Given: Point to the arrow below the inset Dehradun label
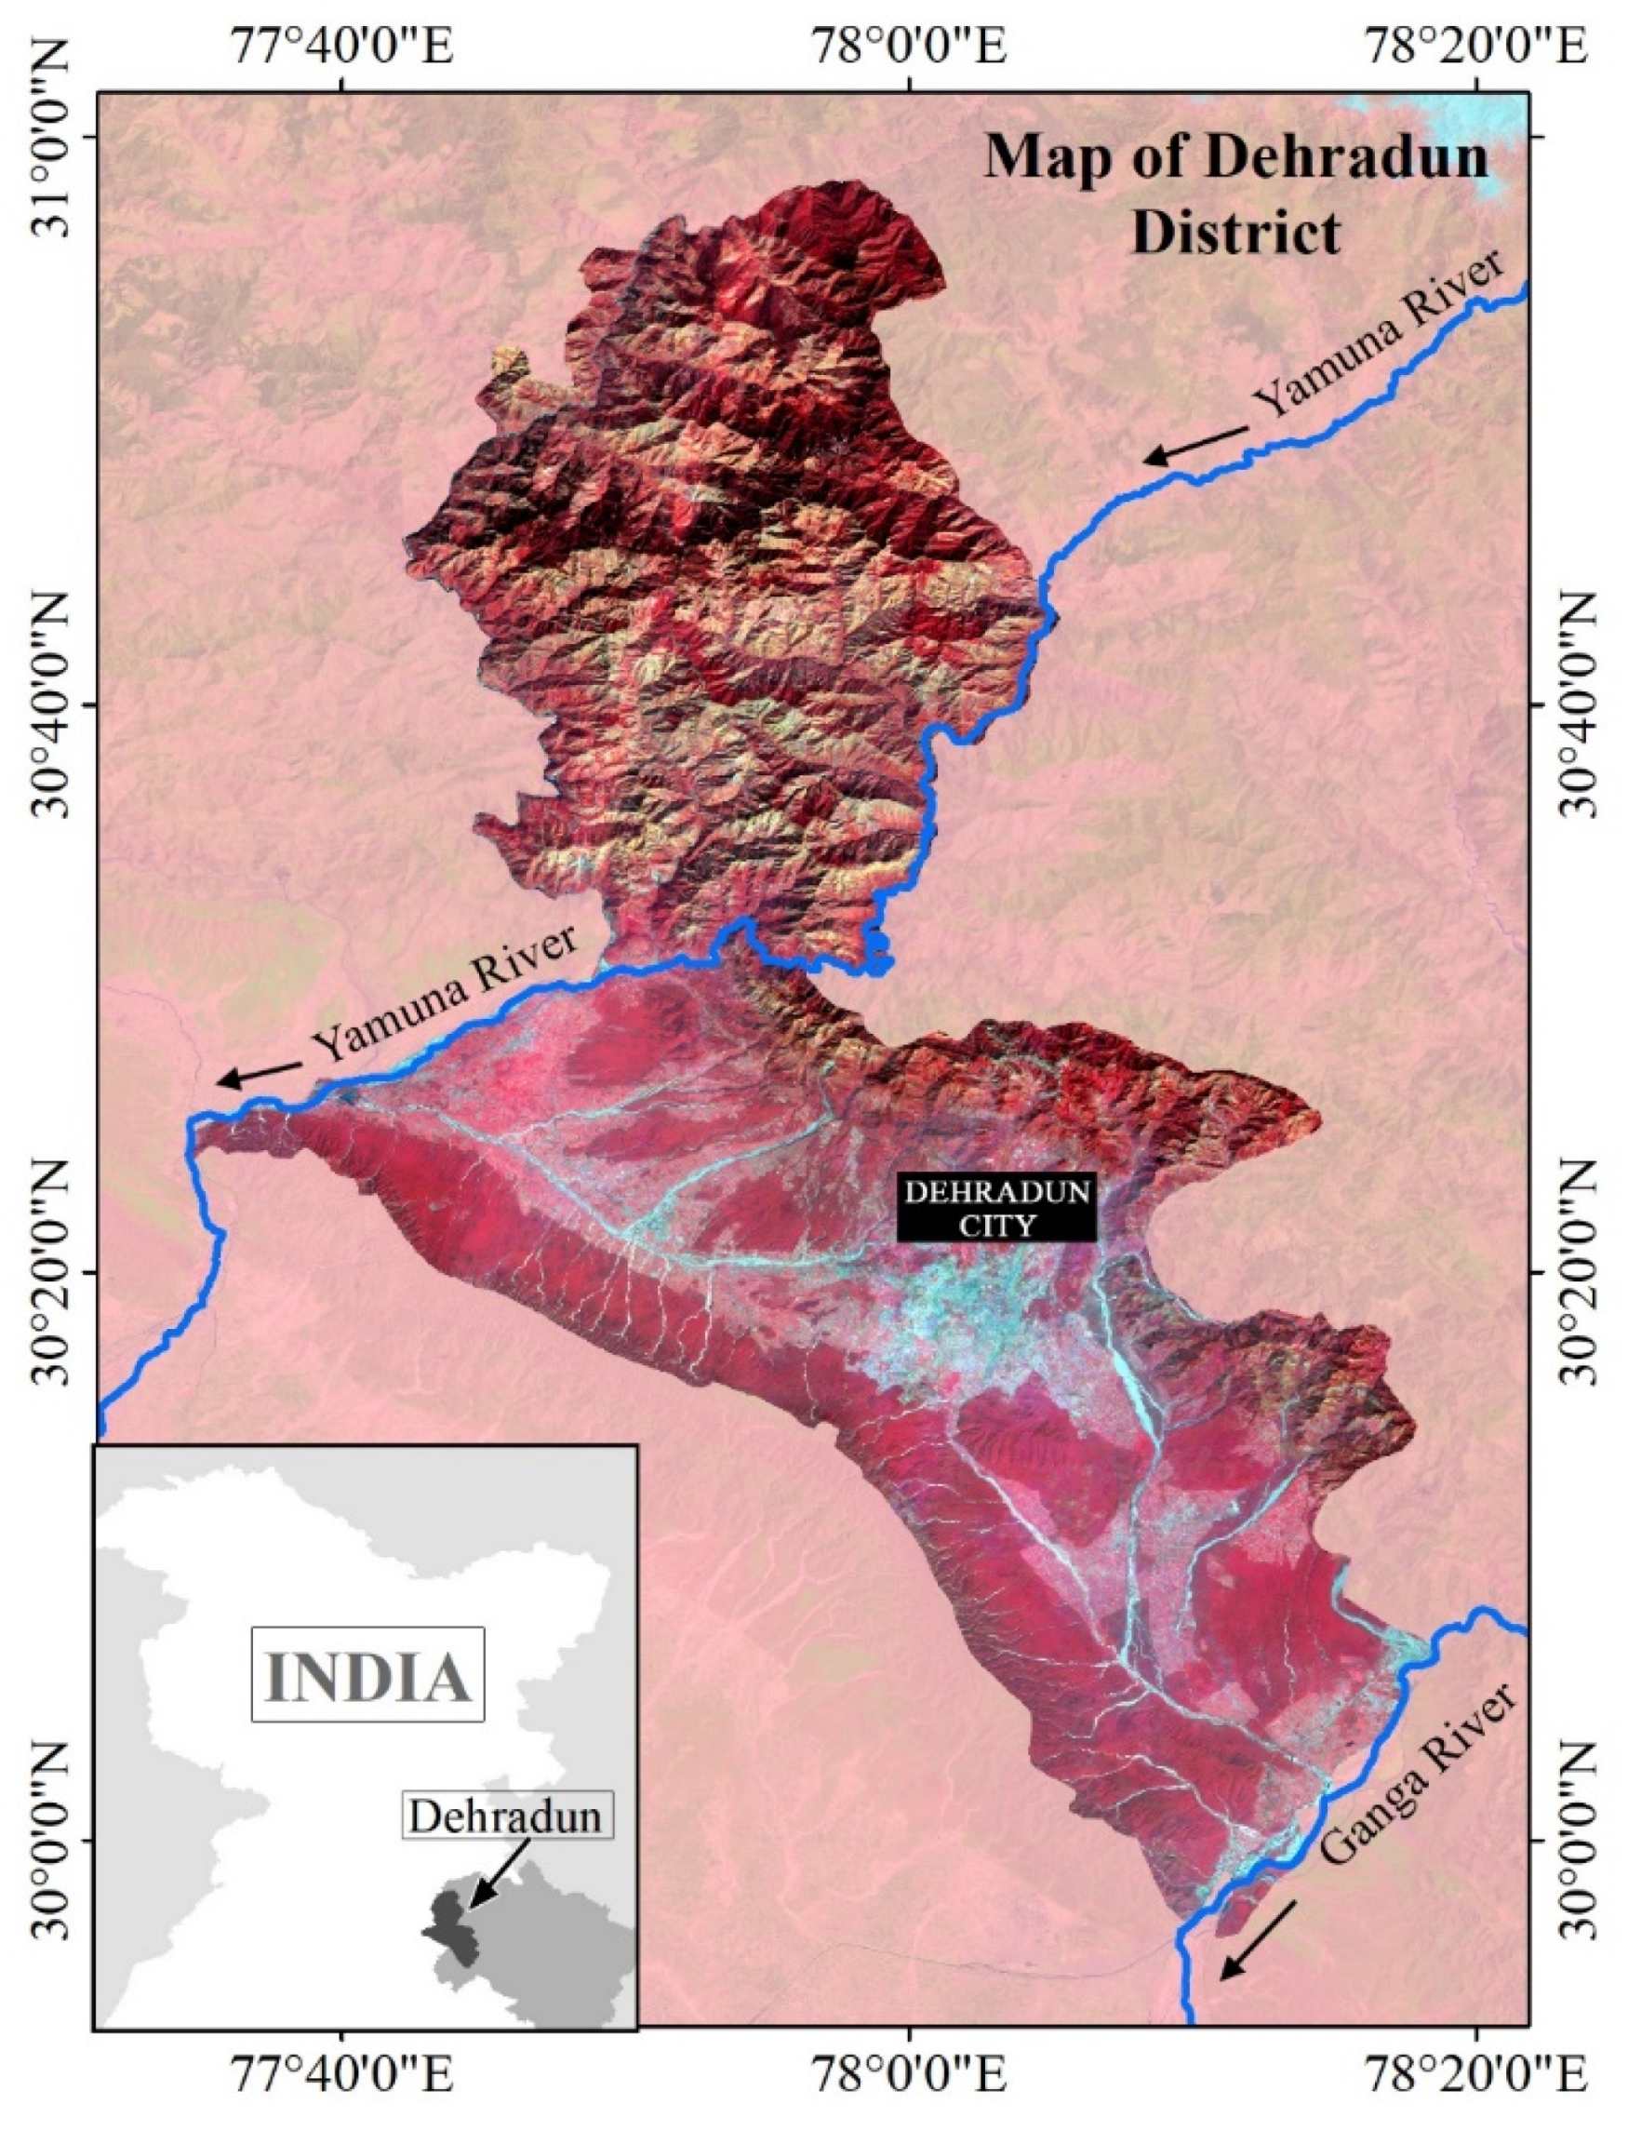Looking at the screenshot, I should [x=498, y=1871].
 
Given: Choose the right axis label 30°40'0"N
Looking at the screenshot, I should [x=1578, y=704].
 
